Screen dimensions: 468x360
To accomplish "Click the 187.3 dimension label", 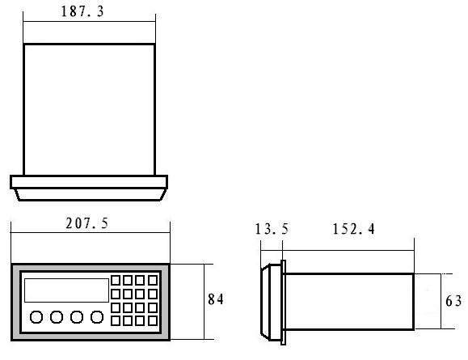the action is click(82, 11).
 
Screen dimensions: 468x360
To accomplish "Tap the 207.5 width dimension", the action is click(86, 223).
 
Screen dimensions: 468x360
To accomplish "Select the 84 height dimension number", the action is click(216, 299).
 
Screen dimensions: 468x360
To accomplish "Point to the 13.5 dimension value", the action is click(272, 229).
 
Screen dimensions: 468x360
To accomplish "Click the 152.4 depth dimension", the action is click(353, 229).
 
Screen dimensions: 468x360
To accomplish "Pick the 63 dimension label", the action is click(453, 301).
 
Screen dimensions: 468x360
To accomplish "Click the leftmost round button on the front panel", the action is click(36, 317).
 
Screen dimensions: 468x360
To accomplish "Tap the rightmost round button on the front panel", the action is click(97, 317).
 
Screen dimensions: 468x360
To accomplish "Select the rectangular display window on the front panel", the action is click(66, 290).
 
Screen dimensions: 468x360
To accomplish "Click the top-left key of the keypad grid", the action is click(116, 281).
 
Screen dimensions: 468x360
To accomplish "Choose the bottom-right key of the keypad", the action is click(153, 321).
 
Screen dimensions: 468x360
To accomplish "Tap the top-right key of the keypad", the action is click(153, 281).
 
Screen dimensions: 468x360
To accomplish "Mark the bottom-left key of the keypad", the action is click(116, 321).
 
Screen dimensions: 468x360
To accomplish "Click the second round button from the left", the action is click(57, 317).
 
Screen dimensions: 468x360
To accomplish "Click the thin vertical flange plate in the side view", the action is click(283, 303).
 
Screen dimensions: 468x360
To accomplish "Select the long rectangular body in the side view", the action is click(349, 302).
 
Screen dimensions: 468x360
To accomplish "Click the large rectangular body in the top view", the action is click(89, 110).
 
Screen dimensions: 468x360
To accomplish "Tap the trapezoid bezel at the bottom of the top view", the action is click(91, 194).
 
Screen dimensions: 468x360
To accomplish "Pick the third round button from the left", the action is click(77, 317).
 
